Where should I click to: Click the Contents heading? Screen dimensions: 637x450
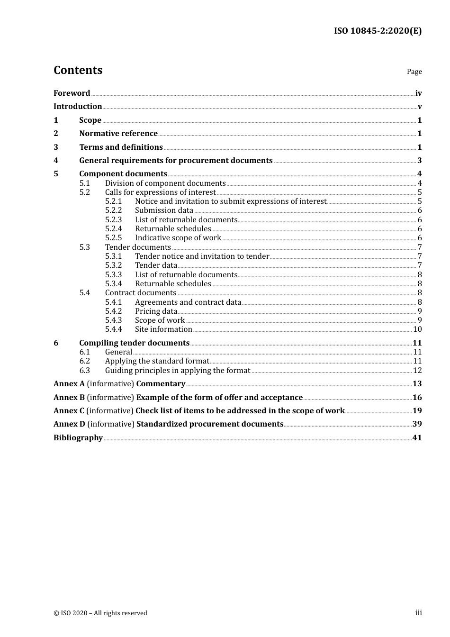[x=78, y=70]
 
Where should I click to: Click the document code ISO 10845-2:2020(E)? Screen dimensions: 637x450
[x=378, y=31]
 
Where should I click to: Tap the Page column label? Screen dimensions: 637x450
[x=414, y=72]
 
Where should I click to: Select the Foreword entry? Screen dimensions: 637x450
[x=72, y=93]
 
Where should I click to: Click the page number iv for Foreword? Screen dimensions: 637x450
[x=418, y=93]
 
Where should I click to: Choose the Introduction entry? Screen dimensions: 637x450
[x=78, y=107]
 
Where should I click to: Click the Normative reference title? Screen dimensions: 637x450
[x=118, y=134]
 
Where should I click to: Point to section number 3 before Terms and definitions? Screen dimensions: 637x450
[x=56, y=147]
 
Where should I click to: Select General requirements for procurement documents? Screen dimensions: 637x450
[x=176, y=161]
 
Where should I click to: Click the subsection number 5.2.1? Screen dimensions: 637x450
[x=113, y=201]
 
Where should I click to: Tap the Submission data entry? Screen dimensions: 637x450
[x=164, y=210]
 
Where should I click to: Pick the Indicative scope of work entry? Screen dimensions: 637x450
[x=178, y=238]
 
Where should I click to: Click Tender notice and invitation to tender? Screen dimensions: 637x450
[x=202, y=256]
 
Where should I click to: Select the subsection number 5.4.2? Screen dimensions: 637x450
[x=113, y=311]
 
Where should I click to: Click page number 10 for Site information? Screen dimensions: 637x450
[x=417, y=329]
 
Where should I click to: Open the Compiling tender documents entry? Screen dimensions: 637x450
[x=134, y=343]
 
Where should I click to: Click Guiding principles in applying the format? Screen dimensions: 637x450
[x=178, y=371]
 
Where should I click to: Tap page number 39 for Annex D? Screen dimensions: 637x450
[x=417, y=424]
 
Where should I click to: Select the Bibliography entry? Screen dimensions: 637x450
[x=78, y=438]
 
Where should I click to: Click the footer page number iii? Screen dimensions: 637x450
[x=418, y=613]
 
